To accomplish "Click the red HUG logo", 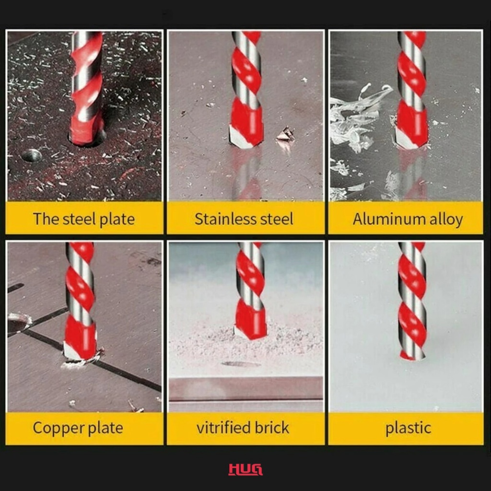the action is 245,469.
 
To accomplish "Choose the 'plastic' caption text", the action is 408,428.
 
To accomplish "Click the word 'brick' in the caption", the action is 271,428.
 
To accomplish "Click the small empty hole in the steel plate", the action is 31,155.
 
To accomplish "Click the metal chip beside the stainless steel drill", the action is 285,134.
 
